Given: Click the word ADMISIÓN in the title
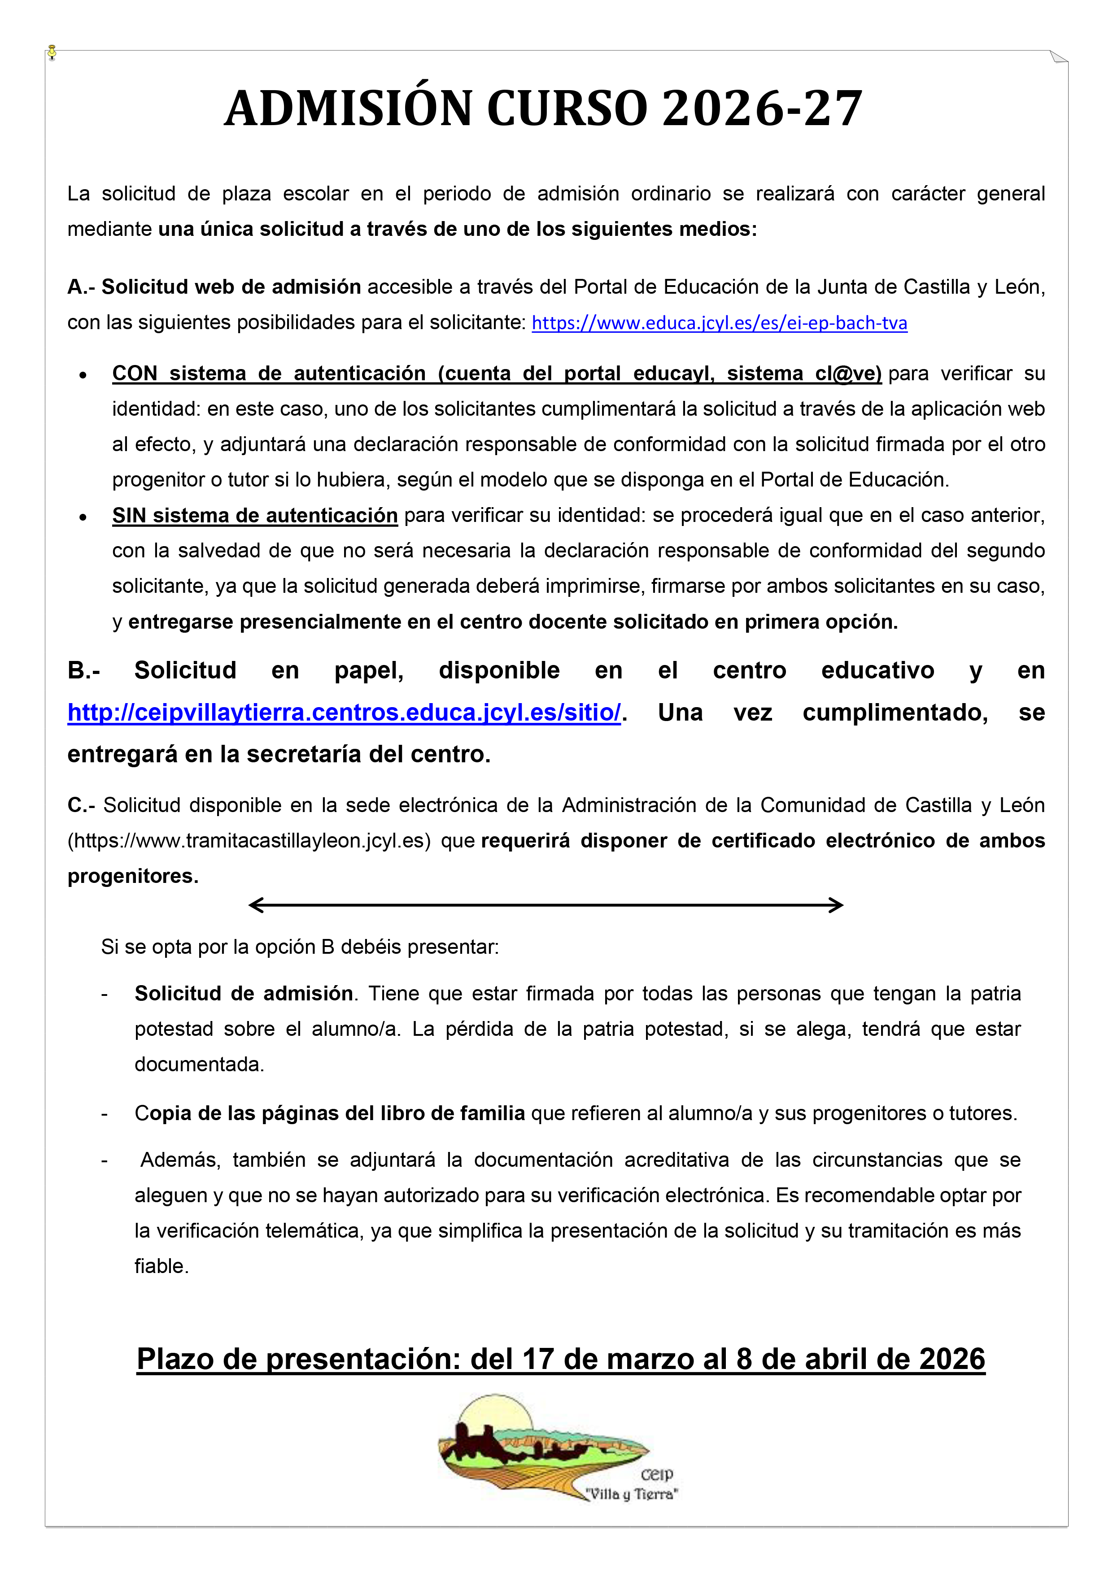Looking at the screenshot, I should pos(348,109).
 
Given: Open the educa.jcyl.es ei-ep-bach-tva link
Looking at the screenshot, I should pos(719,323).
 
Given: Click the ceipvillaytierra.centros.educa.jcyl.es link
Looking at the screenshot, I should pos(344,713).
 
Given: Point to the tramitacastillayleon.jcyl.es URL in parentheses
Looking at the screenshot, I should pos(249,841).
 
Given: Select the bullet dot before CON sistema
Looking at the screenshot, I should pos(83,375).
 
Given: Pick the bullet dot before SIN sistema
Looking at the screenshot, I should pos(83,517).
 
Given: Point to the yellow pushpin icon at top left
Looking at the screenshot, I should pos(52,53).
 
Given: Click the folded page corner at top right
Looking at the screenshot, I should pos(1058,57).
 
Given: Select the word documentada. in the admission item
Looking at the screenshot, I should pos(199,1064).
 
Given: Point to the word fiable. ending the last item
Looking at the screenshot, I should pos(161,1266).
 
